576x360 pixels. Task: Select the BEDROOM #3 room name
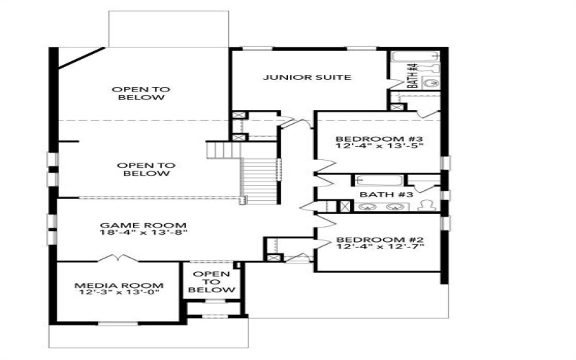(x=379, y=138)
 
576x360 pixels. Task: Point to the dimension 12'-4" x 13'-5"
(x=379, y=146)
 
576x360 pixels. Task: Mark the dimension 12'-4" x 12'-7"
(x=379, y=247)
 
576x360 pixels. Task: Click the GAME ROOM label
(x=143, y=225)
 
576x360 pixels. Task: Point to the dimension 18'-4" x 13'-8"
(x=143, y=233)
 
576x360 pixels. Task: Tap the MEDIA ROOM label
(x=119, y=285)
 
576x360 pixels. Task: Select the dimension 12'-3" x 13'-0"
(x=119, y=293)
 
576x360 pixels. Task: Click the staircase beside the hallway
(x=259, y=180)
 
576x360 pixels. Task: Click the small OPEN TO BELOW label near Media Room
(x=212, y=282)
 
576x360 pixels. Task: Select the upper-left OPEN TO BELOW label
(x=140, y=94)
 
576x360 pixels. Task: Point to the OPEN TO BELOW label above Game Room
(x=145, y=169)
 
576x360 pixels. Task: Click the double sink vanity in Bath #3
(x=382, y=207)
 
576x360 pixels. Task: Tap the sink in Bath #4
(x=431, y=83)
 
